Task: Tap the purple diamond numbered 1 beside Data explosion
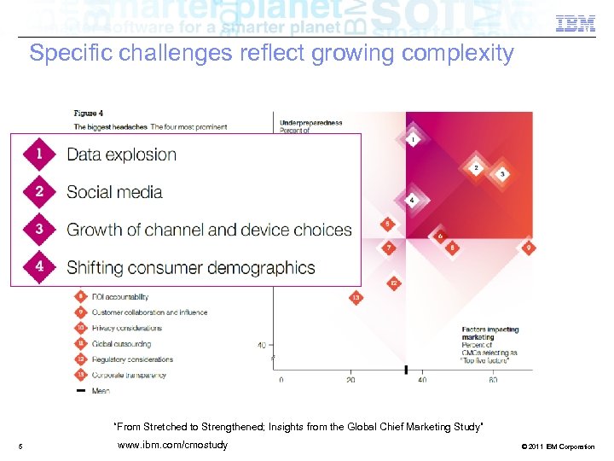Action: (x=39, y=154)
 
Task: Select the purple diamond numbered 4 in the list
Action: (x=39, y=266)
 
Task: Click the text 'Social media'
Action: (x=114, y=192)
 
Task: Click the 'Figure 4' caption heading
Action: (x=89, y=112)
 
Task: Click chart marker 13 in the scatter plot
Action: (x=356, y=298)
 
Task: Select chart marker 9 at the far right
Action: (x=529, y=248)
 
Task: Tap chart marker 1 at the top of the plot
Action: (x=414, y=139)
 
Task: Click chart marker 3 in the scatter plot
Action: (x=503, y=174)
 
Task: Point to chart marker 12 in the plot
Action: (x=393, y=283)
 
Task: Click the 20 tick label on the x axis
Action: (x=351, y=380)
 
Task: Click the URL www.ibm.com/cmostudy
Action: (x=172, y=446)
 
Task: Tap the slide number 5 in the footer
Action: (x=19, y=446)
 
